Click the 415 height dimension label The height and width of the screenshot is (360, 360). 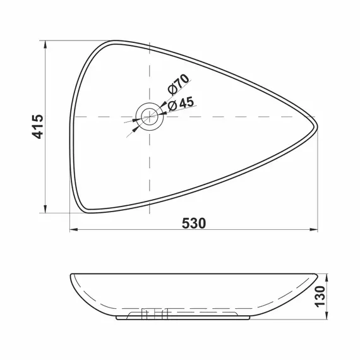click(37, 126)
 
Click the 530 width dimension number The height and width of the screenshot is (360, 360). click(194, 224)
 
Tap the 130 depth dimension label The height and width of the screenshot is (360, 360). click(320, 296)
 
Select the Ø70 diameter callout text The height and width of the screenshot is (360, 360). click(178, 84)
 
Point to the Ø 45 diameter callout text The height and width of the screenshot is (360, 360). click(181, 104)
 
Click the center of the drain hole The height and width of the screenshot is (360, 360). click(150, 117)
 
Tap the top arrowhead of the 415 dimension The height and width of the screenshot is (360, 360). click(45, 45)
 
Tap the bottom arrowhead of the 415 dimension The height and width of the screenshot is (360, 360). click(45, 209)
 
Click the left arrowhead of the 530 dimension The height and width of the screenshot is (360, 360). click(74, 229)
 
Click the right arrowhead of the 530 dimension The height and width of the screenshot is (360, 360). click(314, 229)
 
